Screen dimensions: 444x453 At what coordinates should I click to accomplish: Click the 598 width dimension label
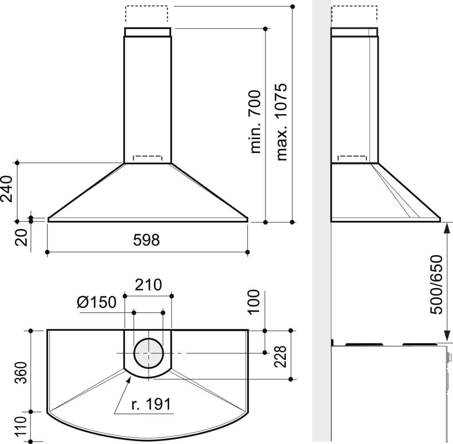(x=146, y=240)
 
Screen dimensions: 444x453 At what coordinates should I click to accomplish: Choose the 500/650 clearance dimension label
(x=437, y=284)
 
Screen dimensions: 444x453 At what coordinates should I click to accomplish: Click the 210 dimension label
(x=148, y=285)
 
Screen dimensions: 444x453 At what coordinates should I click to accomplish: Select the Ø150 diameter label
(x=96, y=302)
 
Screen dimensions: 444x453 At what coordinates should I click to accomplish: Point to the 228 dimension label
(x=280, y=356)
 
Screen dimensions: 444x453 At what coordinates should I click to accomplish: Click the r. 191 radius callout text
(x=151, y=404)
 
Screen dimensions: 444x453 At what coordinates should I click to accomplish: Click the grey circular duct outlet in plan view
(x=148, y=352)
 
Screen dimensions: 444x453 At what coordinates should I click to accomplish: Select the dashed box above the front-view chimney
(x=147, y=14)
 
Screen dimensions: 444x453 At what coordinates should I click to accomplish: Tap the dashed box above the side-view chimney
(x=354, y=14)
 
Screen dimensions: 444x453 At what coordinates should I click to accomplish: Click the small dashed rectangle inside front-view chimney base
(x=148, y=159)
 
